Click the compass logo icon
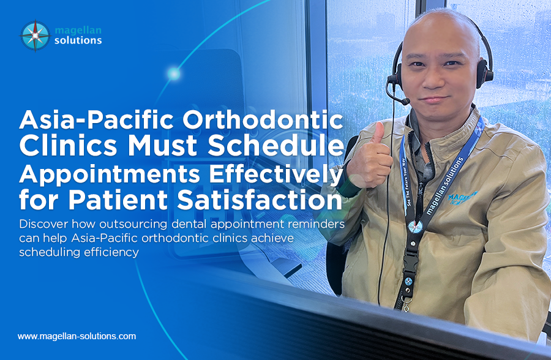pyautogui.click(x=35, y=36)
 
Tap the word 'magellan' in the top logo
pyautogui.click(x=78, y=30)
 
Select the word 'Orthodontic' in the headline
pyautogui.click(x=263, y=119)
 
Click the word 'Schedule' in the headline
pyautogui.click(x=275, y=145)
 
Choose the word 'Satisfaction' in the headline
pyautogui.click(x=260, y=200)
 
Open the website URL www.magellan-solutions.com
pyautogui.click(x=77, y=336)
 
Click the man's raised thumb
pyautogui.click(x=378, y=132)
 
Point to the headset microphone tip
pyautogui.click(x=405, y=102)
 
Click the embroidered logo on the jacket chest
pyautogui.click(x=463, y=198)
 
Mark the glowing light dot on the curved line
pyautogui.click(x=174, y=74)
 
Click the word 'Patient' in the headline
pyautogui.click(x=118, y=200)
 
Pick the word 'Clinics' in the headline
pyautogui.click(x=68, y=145)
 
